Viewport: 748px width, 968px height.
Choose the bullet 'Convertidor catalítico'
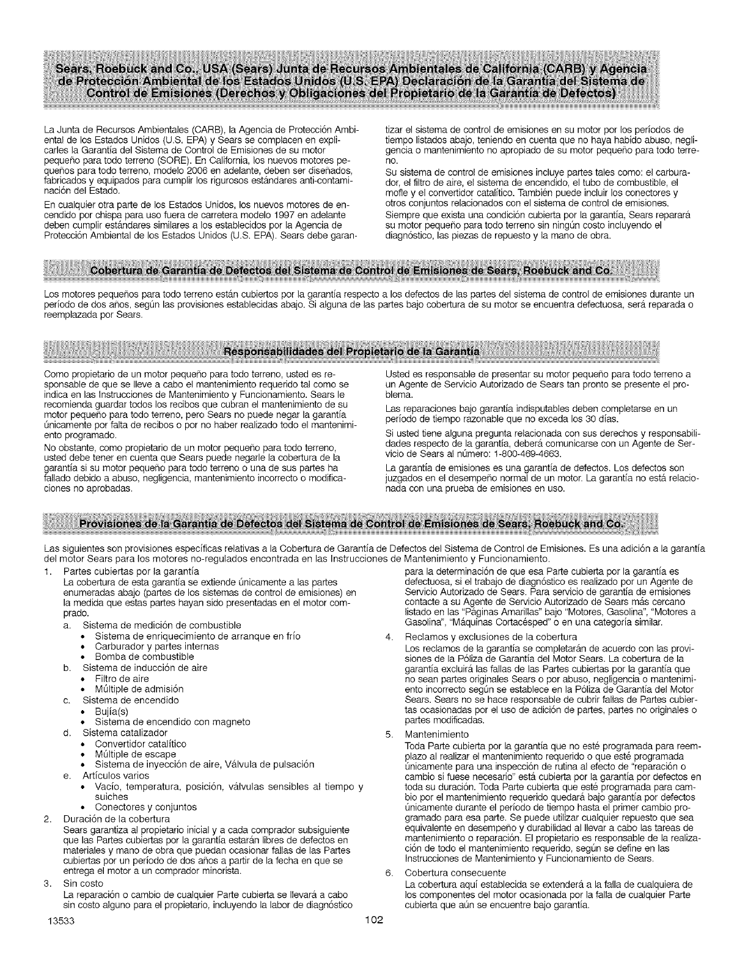click(x=141, y=744)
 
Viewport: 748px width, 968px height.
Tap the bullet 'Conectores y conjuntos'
click(x=145, y=807)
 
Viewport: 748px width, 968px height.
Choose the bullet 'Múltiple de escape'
click(x=135, y=754)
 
